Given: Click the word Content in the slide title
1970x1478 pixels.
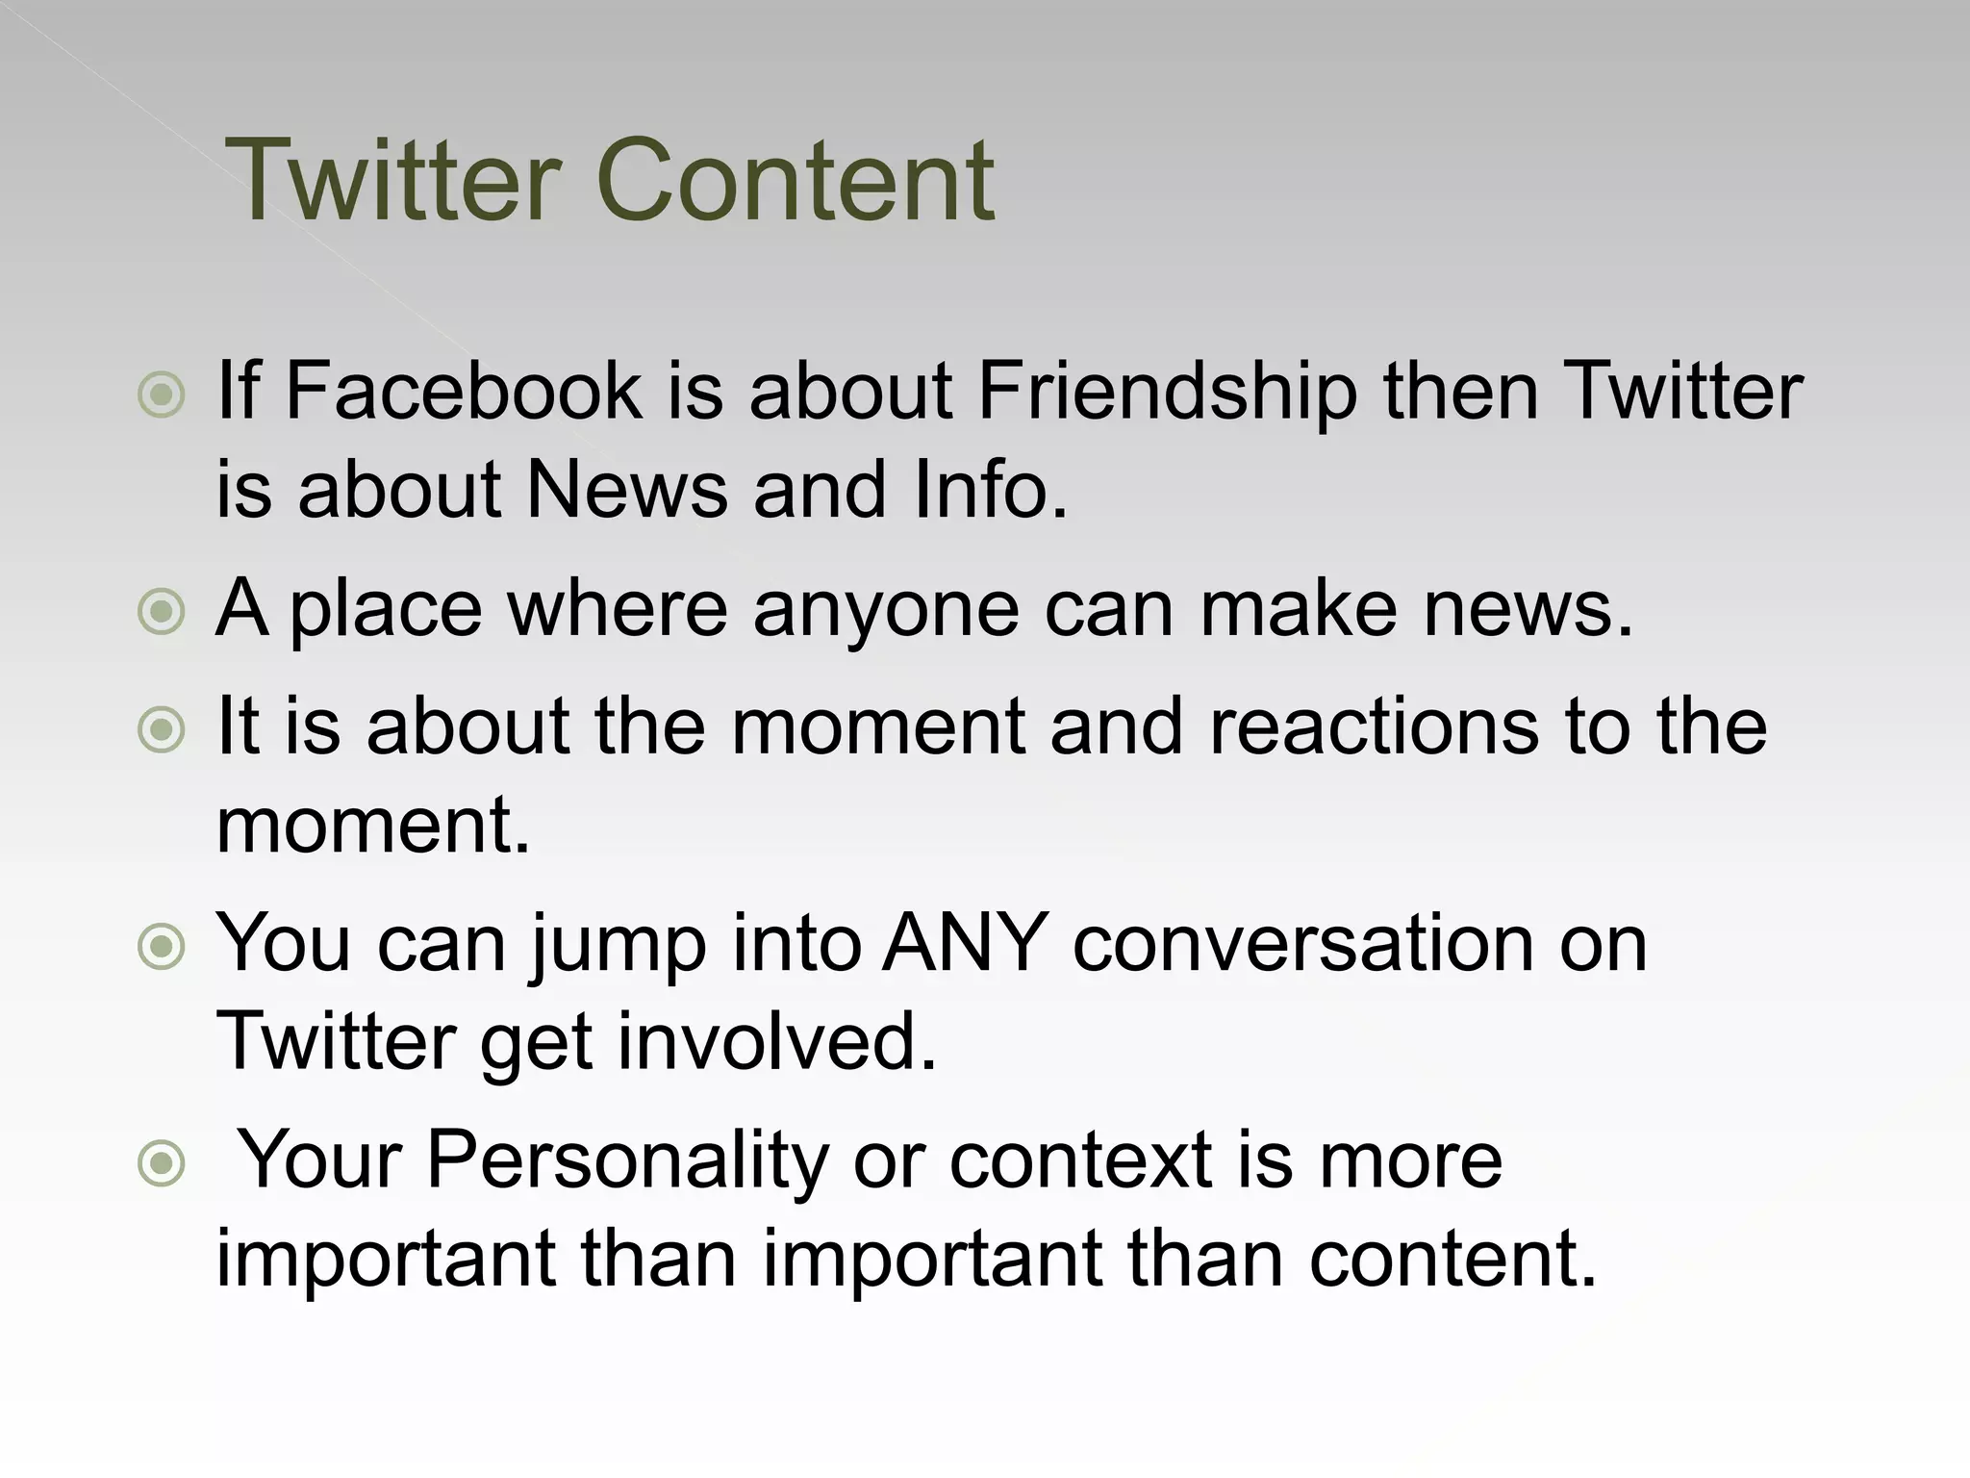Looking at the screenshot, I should [796, 180].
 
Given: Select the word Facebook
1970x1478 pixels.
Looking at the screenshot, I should [464, 391].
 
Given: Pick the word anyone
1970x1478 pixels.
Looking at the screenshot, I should [885, 610].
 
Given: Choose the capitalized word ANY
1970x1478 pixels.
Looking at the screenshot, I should [965, 943].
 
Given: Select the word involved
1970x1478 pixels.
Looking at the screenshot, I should [777, 1041].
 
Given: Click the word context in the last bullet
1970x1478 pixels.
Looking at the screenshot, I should [1080, 1160].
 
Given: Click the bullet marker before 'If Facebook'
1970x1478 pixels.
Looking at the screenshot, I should [162, 395].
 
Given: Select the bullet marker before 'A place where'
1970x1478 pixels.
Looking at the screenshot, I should [162, 611].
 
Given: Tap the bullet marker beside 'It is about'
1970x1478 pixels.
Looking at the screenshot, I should [162, 729].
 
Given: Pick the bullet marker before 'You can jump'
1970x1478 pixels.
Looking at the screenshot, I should [162, 947].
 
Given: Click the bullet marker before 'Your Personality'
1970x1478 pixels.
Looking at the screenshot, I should [162, 1164].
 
